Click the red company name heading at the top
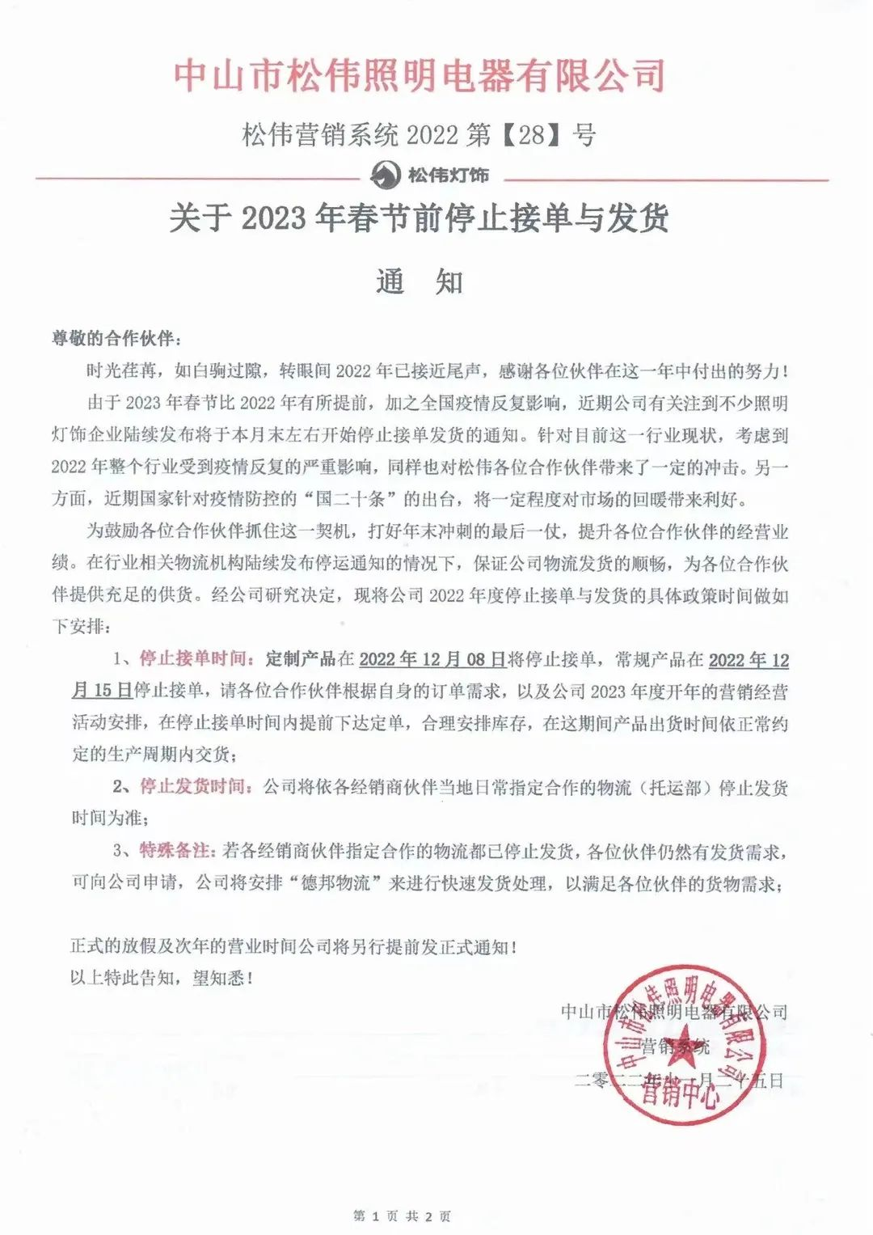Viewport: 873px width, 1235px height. tap(420, 74)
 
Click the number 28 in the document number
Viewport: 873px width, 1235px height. tap(532, 134)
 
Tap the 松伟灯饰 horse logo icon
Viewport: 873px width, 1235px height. tap(386, 175)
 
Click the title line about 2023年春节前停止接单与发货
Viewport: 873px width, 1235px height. tap(420, 218)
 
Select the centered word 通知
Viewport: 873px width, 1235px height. tap(420, 281)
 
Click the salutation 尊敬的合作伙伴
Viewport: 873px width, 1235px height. tap(112, 338)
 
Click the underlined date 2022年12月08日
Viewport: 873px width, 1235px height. tap(432, 659)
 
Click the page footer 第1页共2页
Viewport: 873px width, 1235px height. tap(403, 1216)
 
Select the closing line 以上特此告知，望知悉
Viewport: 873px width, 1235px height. tap(162, 978)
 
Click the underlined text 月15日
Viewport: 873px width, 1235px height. tap(102, 691)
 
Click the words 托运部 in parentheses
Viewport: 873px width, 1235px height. tap(676, 787)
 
